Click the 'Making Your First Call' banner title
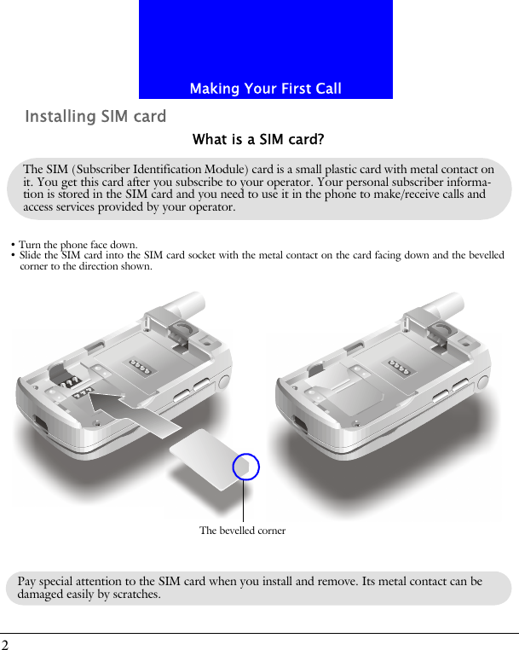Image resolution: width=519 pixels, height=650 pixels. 265,89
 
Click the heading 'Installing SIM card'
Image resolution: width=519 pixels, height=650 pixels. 95,117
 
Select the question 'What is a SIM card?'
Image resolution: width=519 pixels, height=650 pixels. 258,139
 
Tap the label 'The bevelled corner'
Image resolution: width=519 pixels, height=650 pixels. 242,531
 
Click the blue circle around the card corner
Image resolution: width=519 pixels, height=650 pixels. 245,467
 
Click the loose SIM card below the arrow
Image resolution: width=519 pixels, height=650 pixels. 209,460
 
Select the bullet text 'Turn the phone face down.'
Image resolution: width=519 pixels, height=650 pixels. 78,246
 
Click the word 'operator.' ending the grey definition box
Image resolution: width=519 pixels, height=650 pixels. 210,207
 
